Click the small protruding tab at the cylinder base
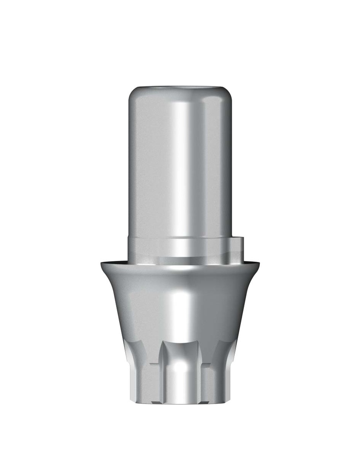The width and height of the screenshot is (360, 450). tap(236, 247)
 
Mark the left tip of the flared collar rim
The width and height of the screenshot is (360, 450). tap(102, 264)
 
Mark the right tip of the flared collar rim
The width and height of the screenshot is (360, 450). tap(259, 264)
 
